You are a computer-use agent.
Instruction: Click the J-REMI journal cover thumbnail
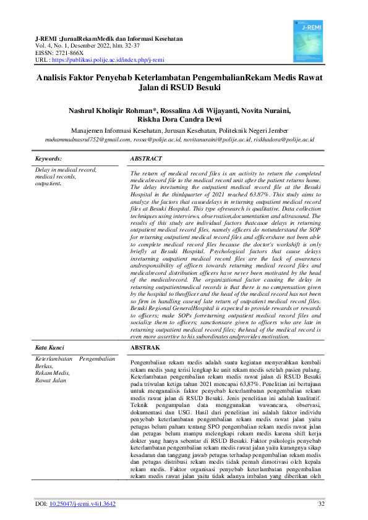click(312, 37)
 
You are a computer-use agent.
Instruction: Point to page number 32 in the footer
click(321, 504)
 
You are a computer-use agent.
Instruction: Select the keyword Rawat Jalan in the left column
click(51, 380)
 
